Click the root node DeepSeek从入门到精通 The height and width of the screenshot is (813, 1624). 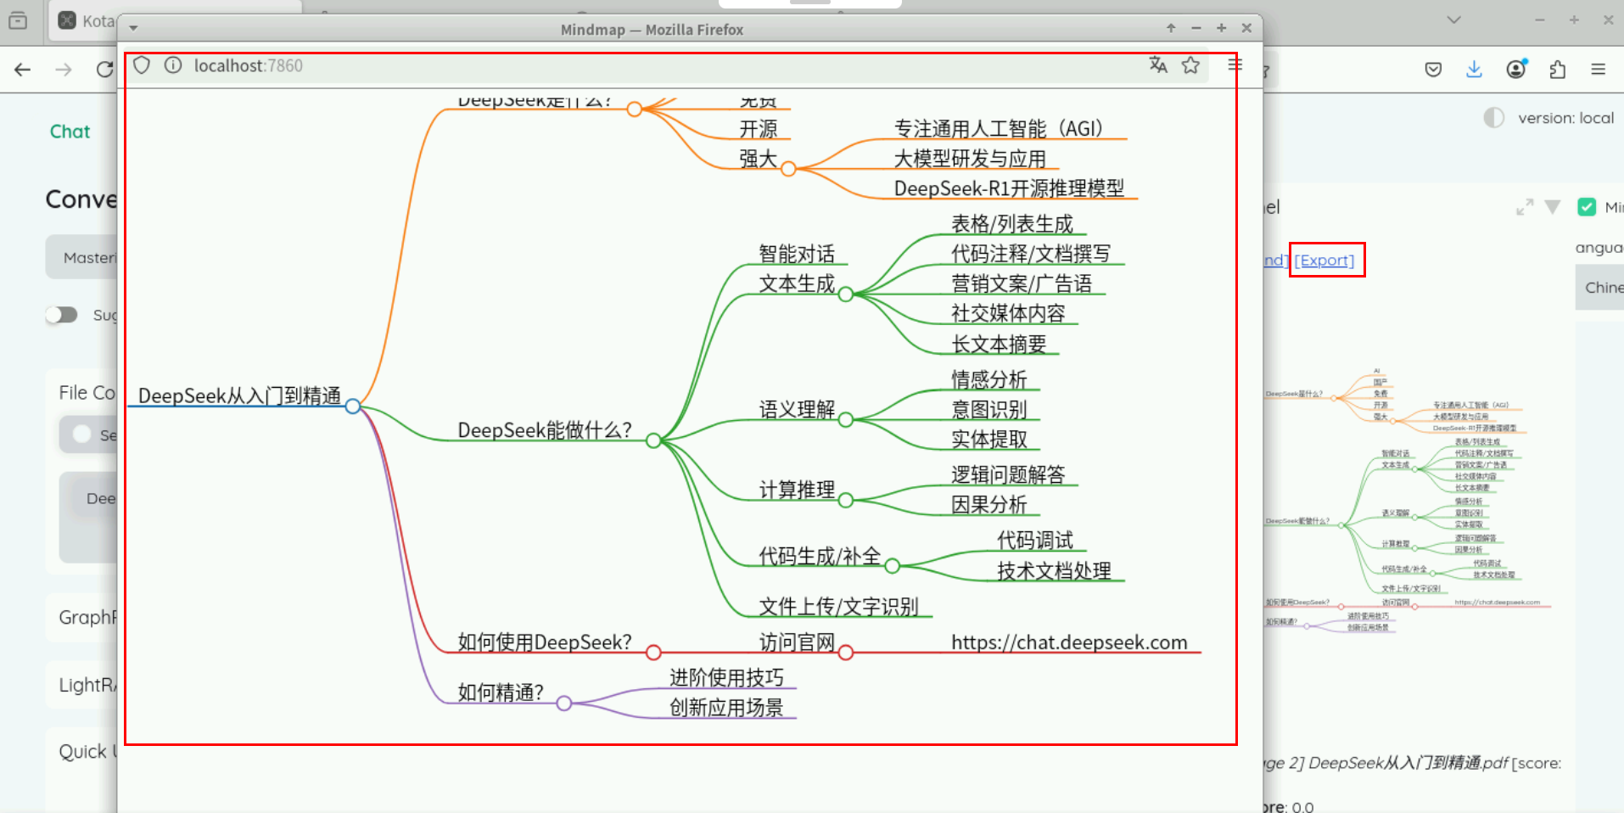pyautogui.click(x=239, y=396)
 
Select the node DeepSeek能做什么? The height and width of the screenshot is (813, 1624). pyautogui.click(x=544, y=430)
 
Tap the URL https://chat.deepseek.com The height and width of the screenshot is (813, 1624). pyautogui.click(x=1069, y=642)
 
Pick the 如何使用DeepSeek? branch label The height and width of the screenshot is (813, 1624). pyautogui.click(x=544, y=642)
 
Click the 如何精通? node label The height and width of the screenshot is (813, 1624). pyautogui.click(x=501, y=692)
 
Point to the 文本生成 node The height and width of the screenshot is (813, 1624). pyautogui.click(x=797, y=284)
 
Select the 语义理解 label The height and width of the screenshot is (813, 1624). pyautogui.click(x=797, y=410)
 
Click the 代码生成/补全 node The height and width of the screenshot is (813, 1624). pyautogui.click(x=820, y=557)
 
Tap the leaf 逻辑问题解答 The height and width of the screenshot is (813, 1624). pyautogui.click(x=1008, y=475)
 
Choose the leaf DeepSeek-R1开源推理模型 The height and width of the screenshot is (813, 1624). pyautogui.click(x=1009, y=188)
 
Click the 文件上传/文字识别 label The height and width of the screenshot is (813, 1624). pyautogui.click(x=838, y=607)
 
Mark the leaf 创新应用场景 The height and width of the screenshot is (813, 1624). pyautogui.click(x=726, y=708)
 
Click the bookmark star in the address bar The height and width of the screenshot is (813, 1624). pyautogui.click(x=1190, y=65)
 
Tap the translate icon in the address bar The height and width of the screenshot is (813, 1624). pyautogui.click(x=1158, y=65)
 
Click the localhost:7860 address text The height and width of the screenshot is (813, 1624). pyautogui.click(x=248, y=66)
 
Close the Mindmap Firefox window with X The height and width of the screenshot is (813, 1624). pyautogui.click(x=1246, y=28)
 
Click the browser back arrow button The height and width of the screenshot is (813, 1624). pyautogui.click(x=23, y=70)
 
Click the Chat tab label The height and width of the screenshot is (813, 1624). pyautogui.click(x=70, y=132)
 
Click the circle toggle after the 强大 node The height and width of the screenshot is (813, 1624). pyautogui.click(x=788, y=169)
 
